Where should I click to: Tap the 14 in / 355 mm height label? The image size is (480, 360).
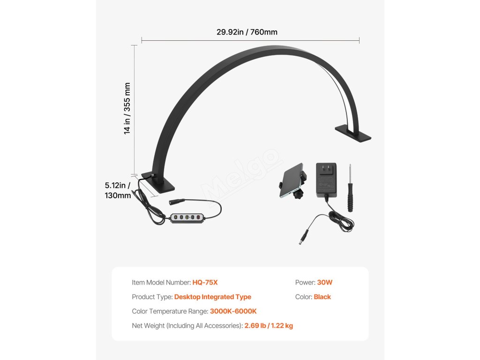click(127, 108)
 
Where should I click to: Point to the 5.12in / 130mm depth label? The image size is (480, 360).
click(118, 190)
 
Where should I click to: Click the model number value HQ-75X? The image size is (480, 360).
click(205, 283)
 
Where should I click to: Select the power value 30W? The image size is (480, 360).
click(324, 283)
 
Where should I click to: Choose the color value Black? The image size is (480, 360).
click(322, 297)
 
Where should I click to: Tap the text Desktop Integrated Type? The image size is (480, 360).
click(212, 297)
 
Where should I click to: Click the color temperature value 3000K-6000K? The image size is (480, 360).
click(233, 311)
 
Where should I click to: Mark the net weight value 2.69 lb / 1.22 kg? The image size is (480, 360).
click(269, 326)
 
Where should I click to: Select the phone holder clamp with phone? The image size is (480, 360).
click(292, 181)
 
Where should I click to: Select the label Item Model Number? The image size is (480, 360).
click(161, 283)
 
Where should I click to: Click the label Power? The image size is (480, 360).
click(305, 283)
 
